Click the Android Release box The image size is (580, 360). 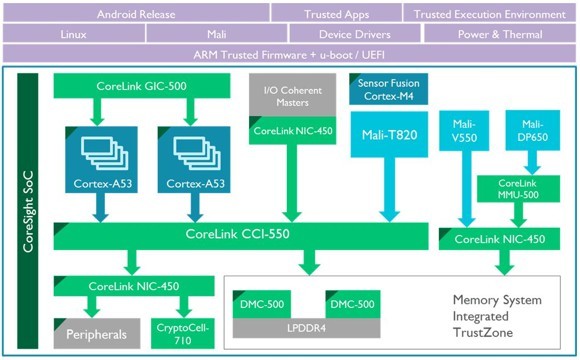tap(136, 13)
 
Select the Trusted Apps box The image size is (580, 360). tap(337, 13)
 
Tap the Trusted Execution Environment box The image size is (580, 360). tap(489, 13)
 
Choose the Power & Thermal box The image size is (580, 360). tap(500, 33)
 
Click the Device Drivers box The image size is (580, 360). tap(355, 33)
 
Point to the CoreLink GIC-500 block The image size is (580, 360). tap(142, 85)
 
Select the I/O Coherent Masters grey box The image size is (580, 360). tap(292, 95)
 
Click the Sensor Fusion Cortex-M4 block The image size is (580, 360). tap(388, 89)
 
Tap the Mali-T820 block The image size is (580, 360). tap(389, 134)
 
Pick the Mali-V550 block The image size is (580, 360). tap(464, 131)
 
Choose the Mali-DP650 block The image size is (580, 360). tap(533, 130)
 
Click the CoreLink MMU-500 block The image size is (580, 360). tap(518, 189)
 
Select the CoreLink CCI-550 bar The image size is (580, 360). tap(241, 236)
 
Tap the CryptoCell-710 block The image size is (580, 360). tap(183, 333)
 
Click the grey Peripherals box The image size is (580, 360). tap(97, 333)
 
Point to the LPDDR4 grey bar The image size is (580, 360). tap(306, 328)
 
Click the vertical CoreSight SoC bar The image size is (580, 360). tap(28, 211)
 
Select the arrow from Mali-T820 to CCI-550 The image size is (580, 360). tap(390, 189)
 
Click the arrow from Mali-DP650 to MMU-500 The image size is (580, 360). tap(533, 162)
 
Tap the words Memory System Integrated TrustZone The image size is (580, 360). tap(497, 316)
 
